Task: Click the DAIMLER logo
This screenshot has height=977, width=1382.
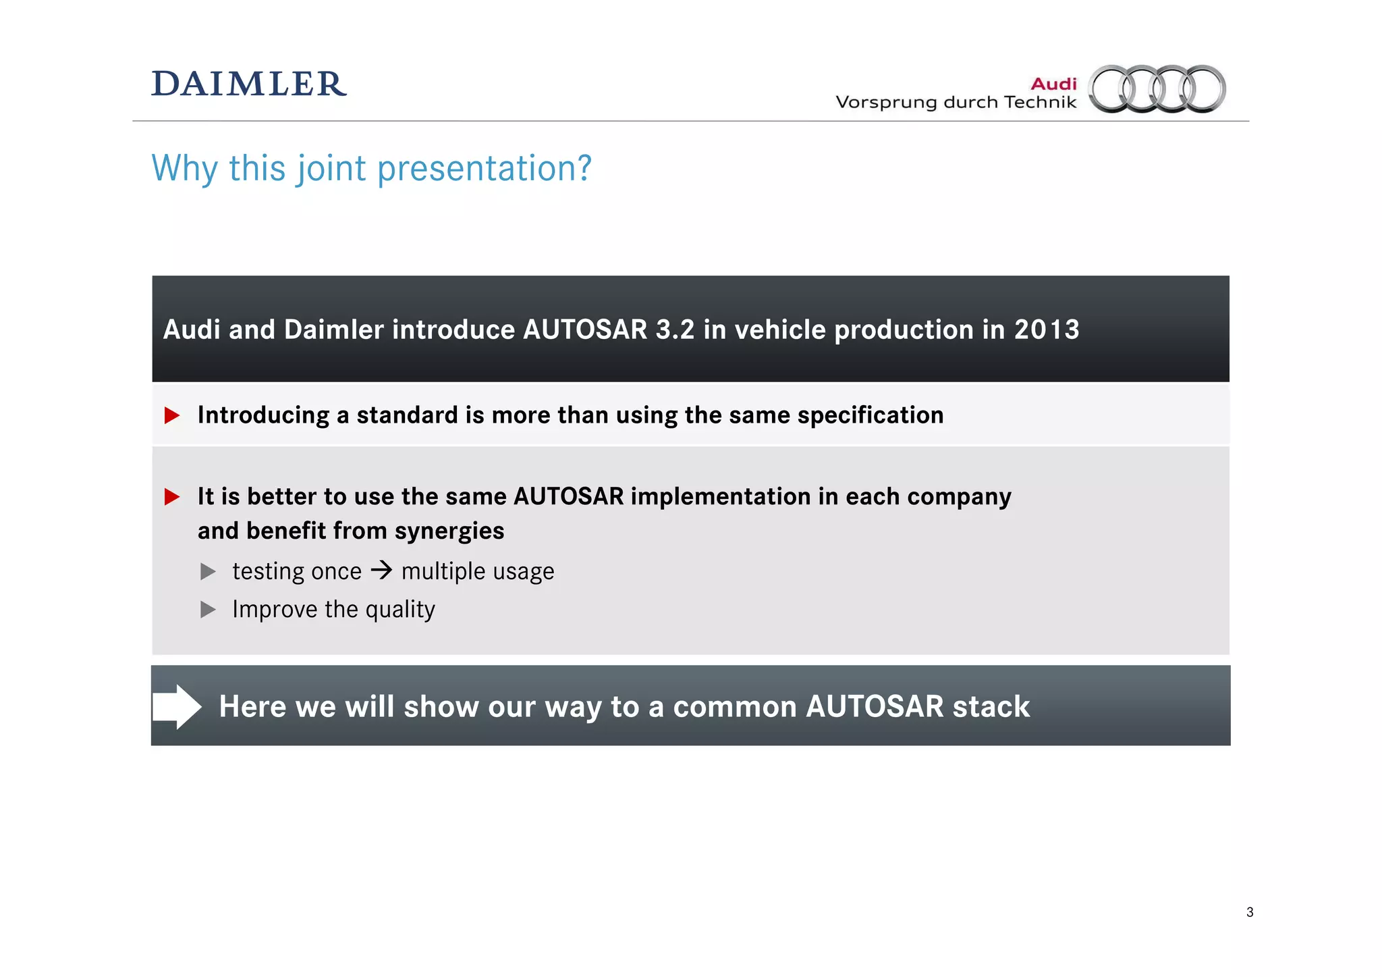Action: (x=249, y=84)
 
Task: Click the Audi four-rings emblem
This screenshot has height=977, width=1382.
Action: (x=1157, y=88)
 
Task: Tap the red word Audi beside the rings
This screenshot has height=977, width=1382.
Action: (x=1053, y=84)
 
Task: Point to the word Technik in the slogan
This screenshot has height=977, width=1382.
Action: (x=1040, y=102)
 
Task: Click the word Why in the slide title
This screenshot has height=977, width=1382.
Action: (x=184, y=168)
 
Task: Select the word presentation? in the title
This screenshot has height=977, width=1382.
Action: (x=484, y=168)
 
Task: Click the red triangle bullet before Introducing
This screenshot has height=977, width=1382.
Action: (x=172, y=415)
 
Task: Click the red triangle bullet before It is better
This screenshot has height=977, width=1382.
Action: (x=172, y=497)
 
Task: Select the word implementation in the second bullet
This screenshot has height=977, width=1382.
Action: (x=721, y=497)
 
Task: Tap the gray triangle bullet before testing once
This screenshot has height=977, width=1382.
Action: (x=208, y=572)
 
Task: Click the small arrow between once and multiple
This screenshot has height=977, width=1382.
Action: (x=381, y=571)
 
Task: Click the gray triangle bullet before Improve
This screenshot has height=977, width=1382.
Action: (x=208, y=610)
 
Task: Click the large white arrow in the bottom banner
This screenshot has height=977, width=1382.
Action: (x=177, y=706)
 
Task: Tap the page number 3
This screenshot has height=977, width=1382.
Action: (x=1250, y=912)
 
